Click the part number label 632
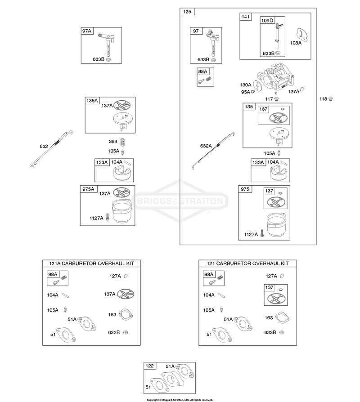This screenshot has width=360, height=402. pos(44,147)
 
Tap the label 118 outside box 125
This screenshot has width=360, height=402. pos(323,99)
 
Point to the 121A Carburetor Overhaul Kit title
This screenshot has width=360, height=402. pos(91,264)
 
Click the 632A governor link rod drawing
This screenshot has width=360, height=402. pos(213,151)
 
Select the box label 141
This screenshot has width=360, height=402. pos(246,17)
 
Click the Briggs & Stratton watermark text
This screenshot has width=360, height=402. pos(180,201)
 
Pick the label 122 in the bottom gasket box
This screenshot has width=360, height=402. pos(149,366)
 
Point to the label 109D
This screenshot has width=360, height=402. pos(267,21)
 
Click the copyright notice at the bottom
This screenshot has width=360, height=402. pos(180,400)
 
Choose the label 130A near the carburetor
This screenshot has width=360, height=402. pos(246,85)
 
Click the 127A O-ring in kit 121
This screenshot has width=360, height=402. pos(282,276)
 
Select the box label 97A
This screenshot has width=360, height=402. pos(87,31)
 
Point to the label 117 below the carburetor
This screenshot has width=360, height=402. pos(269,99)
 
